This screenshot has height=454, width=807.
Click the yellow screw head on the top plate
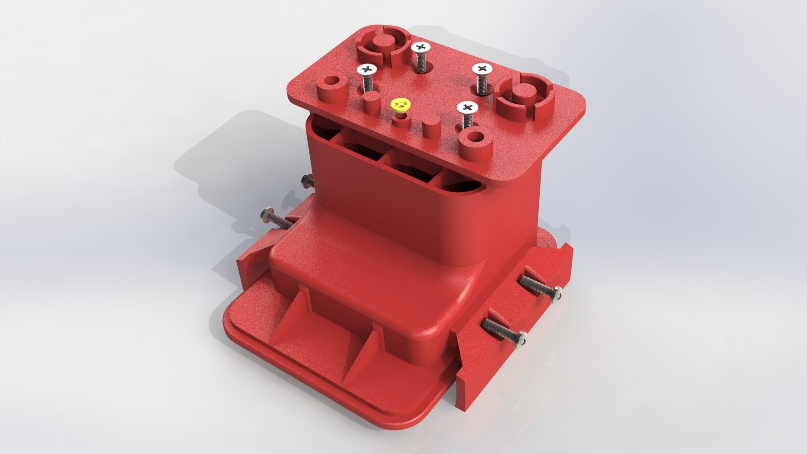tap(105, 104)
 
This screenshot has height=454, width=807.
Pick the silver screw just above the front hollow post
tap(468, 108)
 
